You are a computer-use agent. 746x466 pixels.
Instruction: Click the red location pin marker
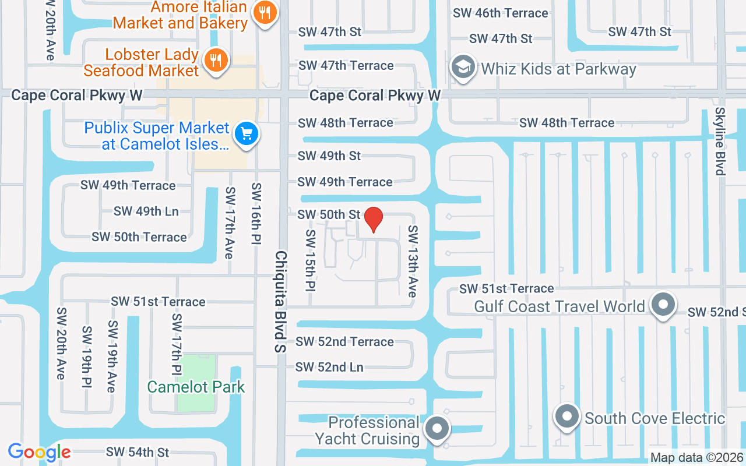tap(373, 220)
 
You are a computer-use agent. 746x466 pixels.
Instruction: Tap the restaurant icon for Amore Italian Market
tap(265, 13)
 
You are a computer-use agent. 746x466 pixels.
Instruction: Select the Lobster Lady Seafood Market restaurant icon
tap(216, 60)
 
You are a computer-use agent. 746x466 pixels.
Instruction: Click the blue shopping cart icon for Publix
tap(247, 134)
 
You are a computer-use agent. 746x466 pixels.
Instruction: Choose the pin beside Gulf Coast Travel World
tap(663, 305)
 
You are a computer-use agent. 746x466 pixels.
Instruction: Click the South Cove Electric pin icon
tap(567, 417)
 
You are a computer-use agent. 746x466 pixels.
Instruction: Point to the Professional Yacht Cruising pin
tap(437, 429)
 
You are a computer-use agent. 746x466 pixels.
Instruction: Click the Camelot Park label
tap(196, 387)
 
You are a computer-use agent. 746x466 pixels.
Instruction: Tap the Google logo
tap(40, 452)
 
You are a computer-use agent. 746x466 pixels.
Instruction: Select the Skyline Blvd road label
tap(720, 141)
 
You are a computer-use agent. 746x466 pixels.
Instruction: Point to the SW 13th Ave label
tap(413, 262)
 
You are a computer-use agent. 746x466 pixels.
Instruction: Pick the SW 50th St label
tap(329, 214)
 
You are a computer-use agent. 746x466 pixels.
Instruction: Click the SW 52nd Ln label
tap(329, 367)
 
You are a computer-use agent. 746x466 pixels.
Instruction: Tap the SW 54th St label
tap(138, 452)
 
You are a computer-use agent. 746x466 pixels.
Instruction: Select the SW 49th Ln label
tap(146, 211)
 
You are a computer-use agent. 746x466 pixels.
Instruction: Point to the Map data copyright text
tap(697, 458)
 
